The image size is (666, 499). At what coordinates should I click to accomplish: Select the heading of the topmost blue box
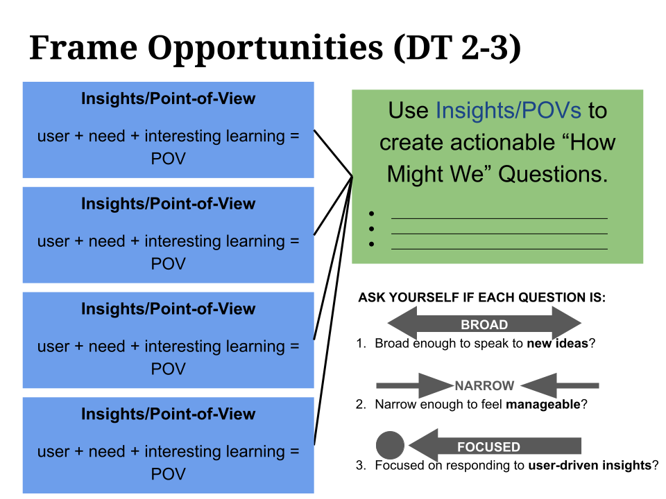(168, 99)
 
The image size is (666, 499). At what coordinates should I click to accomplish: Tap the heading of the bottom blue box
(168, 414)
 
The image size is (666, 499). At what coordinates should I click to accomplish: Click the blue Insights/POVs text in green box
(509, 110)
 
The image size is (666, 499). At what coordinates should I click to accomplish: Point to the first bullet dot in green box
(373, 214)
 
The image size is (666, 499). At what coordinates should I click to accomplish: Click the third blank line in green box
(499, 248)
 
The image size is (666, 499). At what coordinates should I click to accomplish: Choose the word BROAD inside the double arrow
(484, 324)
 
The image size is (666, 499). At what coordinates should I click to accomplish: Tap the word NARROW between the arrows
(484, 386)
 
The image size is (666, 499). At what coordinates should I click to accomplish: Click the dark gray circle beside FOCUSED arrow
(390, 446)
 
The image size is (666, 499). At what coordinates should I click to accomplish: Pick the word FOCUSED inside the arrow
(488, 447)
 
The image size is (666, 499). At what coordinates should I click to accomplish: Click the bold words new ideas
(557, 343)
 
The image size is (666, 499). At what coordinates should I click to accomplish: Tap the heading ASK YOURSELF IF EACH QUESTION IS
(481, 298)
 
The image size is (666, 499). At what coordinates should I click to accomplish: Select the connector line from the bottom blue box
(333, 312)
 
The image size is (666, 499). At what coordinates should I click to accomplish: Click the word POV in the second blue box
(168, 264)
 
